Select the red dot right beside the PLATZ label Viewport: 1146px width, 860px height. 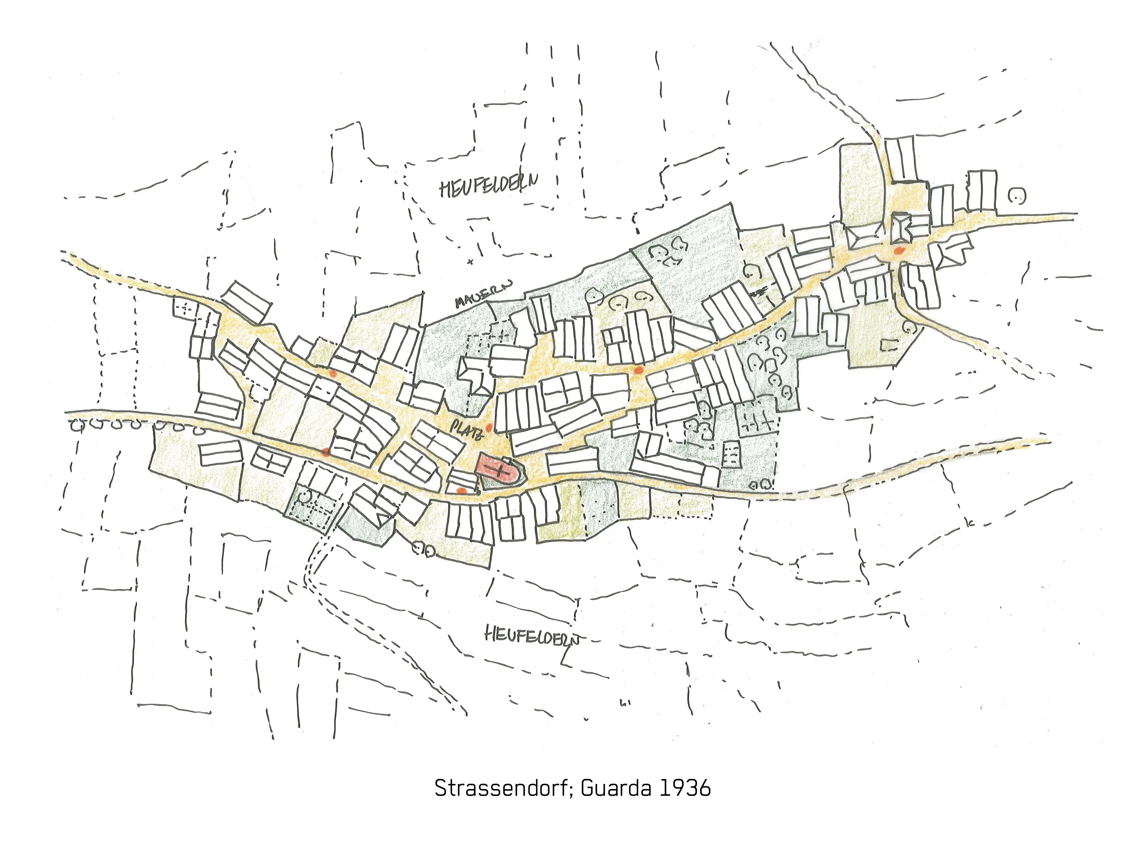[489, 428]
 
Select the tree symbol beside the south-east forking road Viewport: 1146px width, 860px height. [910, 327]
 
